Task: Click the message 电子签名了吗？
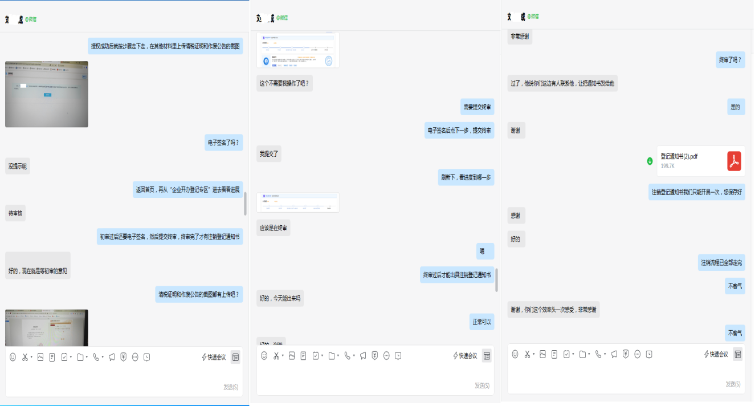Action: click(224, 143)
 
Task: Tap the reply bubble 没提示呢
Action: click(17, 167)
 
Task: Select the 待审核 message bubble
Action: click(16, 213)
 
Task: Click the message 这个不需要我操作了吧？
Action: click(284, 83)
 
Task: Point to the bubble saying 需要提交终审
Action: click(477, 107)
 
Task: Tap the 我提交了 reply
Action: click(269, 154)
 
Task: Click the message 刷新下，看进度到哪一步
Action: click(466, 177)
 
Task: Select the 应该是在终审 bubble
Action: click(274, 228)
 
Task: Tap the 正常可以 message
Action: click(481, 322)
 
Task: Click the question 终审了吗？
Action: click(730, 60)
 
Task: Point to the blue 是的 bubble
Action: click(735, 107)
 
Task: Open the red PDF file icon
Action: click(734, 161)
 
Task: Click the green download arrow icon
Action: click(650, 161)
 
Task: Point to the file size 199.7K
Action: click(668, 166)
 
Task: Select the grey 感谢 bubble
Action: click(516, 216)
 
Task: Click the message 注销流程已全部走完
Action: click(721, 263)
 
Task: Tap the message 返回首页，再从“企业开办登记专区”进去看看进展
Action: click(187, 190)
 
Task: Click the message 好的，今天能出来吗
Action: click(280, 298)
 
